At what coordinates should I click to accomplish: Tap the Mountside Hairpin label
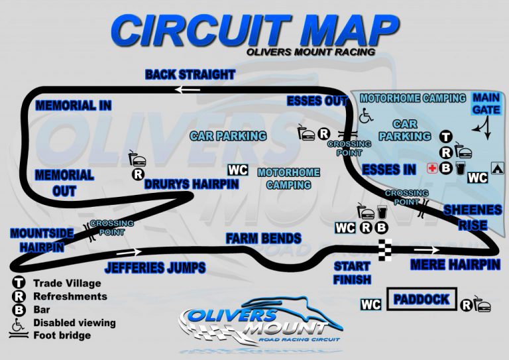pos(37,240)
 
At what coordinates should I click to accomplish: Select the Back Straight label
pos(190,74)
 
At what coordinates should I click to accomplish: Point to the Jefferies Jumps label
pos(154,268)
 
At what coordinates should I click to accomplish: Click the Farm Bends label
pos(263,238)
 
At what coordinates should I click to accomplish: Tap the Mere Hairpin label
pos(453,265)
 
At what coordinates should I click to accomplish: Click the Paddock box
pos(422,300)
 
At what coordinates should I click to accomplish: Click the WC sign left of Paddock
pos(371,304)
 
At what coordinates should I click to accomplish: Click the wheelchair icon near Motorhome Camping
pos(365,115)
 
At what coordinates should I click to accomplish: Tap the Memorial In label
pos(73,105)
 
